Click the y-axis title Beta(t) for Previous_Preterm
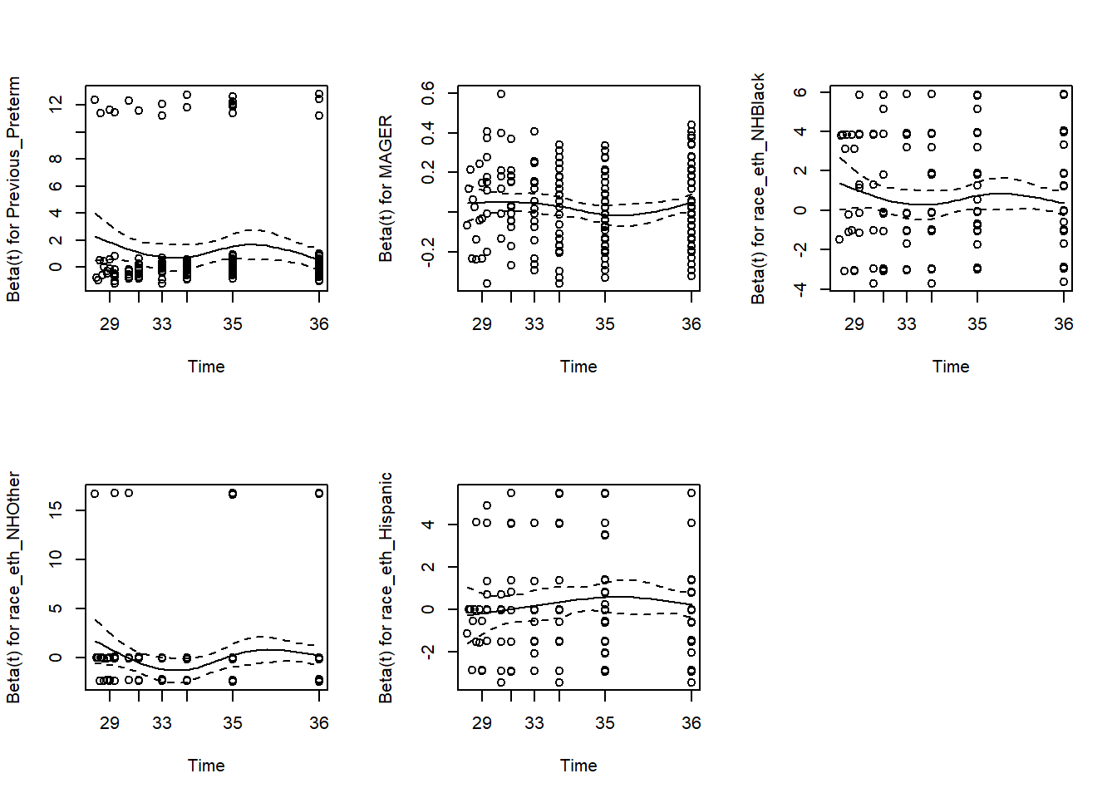pos(13,189)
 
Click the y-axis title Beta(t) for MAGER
pos(386,189)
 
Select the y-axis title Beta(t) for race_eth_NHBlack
pos(758,189)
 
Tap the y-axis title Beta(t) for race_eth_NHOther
pos(13,588)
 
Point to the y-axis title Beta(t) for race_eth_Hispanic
pos(386,588)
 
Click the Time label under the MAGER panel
pos(578,367)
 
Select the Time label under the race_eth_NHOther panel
pos(206,766)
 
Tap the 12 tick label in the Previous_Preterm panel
pos(56,104)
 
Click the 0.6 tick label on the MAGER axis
pos(428,92)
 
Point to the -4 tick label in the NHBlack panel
pos(800,288)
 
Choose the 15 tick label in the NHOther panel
pos(56,510)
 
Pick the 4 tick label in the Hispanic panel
pos(428,525)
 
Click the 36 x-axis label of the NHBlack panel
pos(1064,324)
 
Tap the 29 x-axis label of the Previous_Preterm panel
pos(110,324)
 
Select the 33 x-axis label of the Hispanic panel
pos(534,723)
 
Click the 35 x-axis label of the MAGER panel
pos(605,324)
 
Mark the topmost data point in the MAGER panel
pos(501,94)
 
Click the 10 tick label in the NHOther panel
pos(56,559)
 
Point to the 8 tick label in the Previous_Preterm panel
pos(56,159)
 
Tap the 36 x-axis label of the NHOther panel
pos(319,723)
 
